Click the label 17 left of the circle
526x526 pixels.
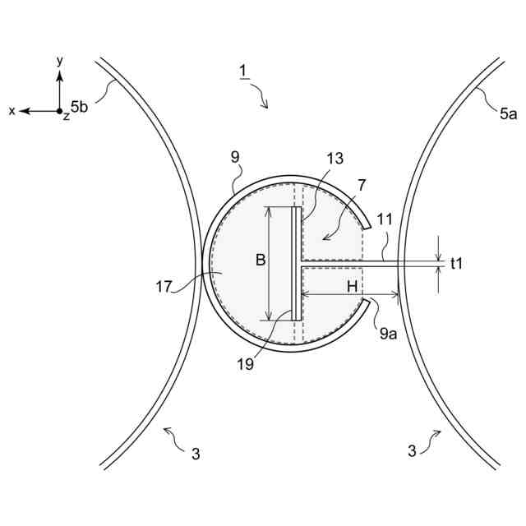[x=164, y=287]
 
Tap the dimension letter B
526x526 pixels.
[x=260, y=261]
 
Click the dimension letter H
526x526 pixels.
[x=351, y=287]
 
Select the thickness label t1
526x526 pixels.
[x=459, y=263]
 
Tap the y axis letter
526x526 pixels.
[x=60, y=61]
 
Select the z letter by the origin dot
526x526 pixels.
[x=66, y=117]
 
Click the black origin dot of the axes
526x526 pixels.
[x=59, y=110]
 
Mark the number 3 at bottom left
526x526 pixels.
[x=195, y=453]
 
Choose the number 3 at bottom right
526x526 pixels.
[x=412, y=450]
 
